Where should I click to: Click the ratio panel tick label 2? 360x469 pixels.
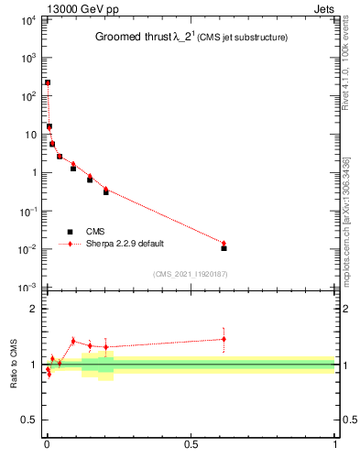[x=33, y=309]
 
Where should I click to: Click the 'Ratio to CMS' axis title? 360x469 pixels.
[x=13, y=365]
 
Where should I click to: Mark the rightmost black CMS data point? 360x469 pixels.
[x=224, y=248]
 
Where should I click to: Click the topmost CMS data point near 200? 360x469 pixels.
[x=48, y=83]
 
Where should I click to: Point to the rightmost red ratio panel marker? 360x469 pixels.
[x=224, y=339]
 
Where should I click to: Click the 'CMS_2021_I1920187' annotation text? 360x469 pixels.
[x=190, y=274]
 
